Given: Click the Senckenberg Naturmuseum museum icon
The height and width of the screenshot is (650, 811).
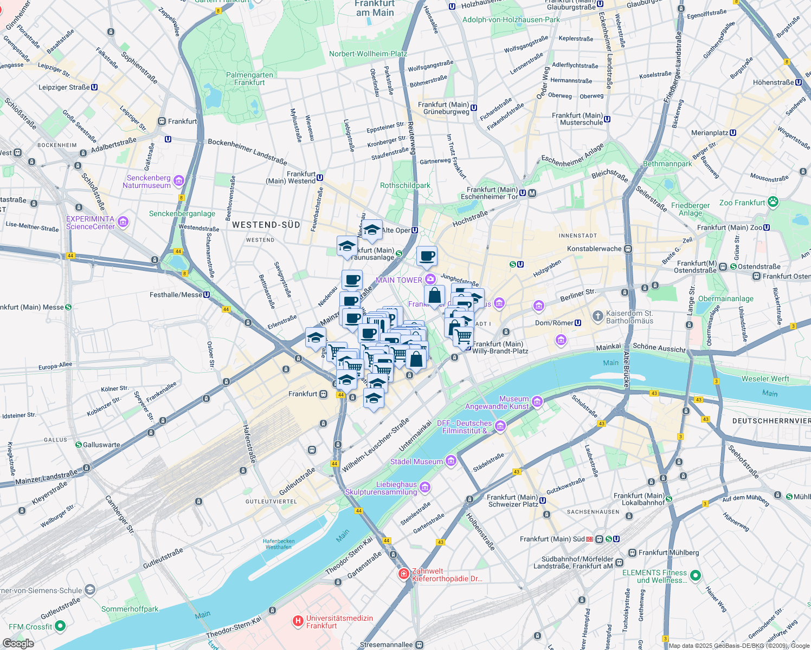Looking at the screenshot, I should pyautogui.click(x=179, y=181).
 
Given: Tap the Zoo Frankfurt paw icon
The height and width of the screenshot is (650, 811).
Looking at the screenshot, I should pyautogui.click(x=773, y=203).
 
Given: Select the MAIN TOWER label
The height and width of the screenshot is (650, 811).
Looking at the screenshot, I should pyautogui.click(x=398, y=280).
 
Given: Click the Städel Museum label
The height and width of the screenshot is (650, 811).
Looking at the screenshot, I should pyautogui.click(x=416, y=461).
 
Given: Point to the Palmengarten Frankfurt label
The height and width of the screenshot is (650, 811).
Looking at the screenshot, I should pyautogui.click(x=249, y=79).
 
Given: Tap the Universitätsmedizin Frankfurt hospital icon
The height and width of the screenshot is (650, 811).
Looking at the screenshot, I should pyautogui.click(x=298, y=621).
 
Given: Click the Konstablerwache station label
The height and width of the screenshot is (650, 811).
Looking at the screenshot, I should pyautogui.click(x=594, y=249).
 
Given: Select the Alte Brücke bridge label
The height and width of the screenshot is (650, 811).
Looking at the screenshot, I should pyautogui.click(x=627, y=369).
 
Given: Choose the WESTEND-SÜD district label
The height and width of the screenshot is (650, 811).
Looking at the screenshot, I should pyautogui.click(x=266, y=225).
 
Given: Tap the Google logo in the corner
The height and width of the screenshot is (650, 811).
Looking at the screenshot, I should pyautogui.click(x=18, y=643).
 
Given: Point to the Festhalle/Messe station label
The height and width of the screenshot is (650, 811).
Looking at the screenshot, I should pyautogui.click(x=176, y=295).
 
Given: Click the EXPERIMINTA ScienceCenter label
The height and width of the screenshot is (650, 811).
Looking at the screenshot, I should pyautogui.click(x=90, y=223).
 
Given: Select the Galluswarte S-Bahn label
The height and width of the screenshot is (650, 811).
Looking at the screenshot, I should pyautogui.click(x=101, y=445).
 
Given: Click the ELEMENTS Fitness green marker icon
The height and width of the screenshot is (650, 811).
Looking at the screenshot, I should pyautogui.click(x=696, y=575).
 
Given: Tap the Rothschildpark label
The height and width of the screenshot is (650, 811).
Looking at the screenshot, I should pyautogui.click(x=405, y=185).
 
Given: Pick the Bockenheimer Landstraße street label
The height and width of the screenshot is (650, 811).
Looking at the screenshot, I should pyautogui.click(x=247, y=152).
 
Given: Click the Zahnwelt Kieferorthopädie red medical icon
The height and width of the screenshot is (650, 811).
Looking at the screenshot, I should pyautogui.click(x=403, y=574).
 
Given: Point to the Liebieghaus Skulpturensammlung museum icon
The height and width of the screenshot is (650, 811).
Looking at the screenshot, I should pyautogui.click(x=425, y=487).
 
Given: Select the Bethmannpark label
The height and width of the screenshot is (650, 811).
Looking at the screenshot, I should pyautogui.click(x=667, y=164).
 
